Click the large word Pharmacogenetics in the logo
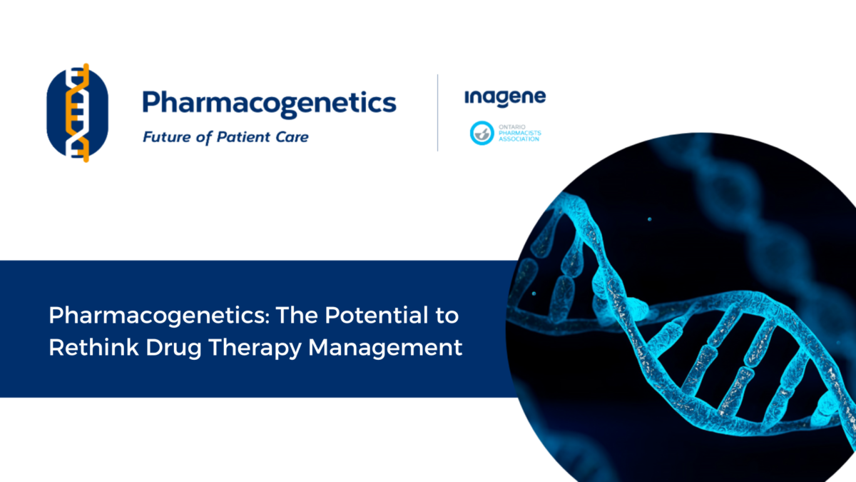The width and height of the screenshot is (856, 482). (270, 104)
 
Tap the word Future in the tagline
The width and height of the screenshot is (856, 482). (167, 137)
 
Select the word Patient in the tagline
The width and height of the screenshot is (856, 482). (242, 137)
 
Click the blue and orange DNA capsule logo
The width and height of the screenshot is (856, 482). (78, 113)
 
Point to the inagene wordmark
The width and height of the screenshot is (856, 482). (505, 99)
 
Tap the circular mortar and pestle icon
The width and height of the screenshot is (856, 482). (482, 133)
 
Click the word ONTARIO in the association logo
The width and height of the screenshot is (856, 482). (512, 127)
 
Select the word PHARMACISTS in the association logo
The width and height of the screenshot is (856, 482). (520, 133)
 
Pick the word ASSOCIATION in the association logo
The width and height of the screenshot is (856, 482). (519, 139)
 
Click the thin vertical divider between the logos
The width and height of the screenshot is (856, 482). (437, 113)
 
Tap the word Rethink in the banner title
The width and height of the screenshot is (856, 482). (93, 347)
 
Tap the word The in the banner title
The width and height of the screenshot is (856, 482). (297, 315)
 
